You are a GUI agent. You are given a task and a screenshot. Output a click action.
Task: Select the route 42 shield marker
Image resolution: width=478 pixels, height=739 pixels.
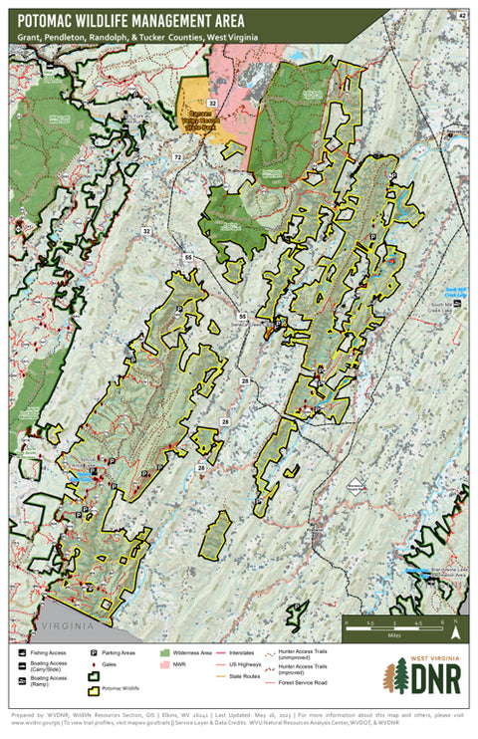coord(460,16)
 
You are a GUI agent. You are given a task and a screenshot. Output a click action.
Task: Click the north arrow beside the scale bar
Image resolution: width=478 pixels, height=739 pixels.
coord(454,627)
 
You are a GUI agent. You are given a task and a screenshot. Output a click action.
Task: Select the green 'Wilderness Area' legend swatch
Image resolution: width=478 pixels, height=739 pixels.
coord(164,654)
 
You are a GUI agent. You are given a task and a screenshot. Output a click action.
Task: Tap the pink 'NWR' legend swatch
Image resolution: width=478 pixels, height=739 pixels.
coord(164,666)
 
